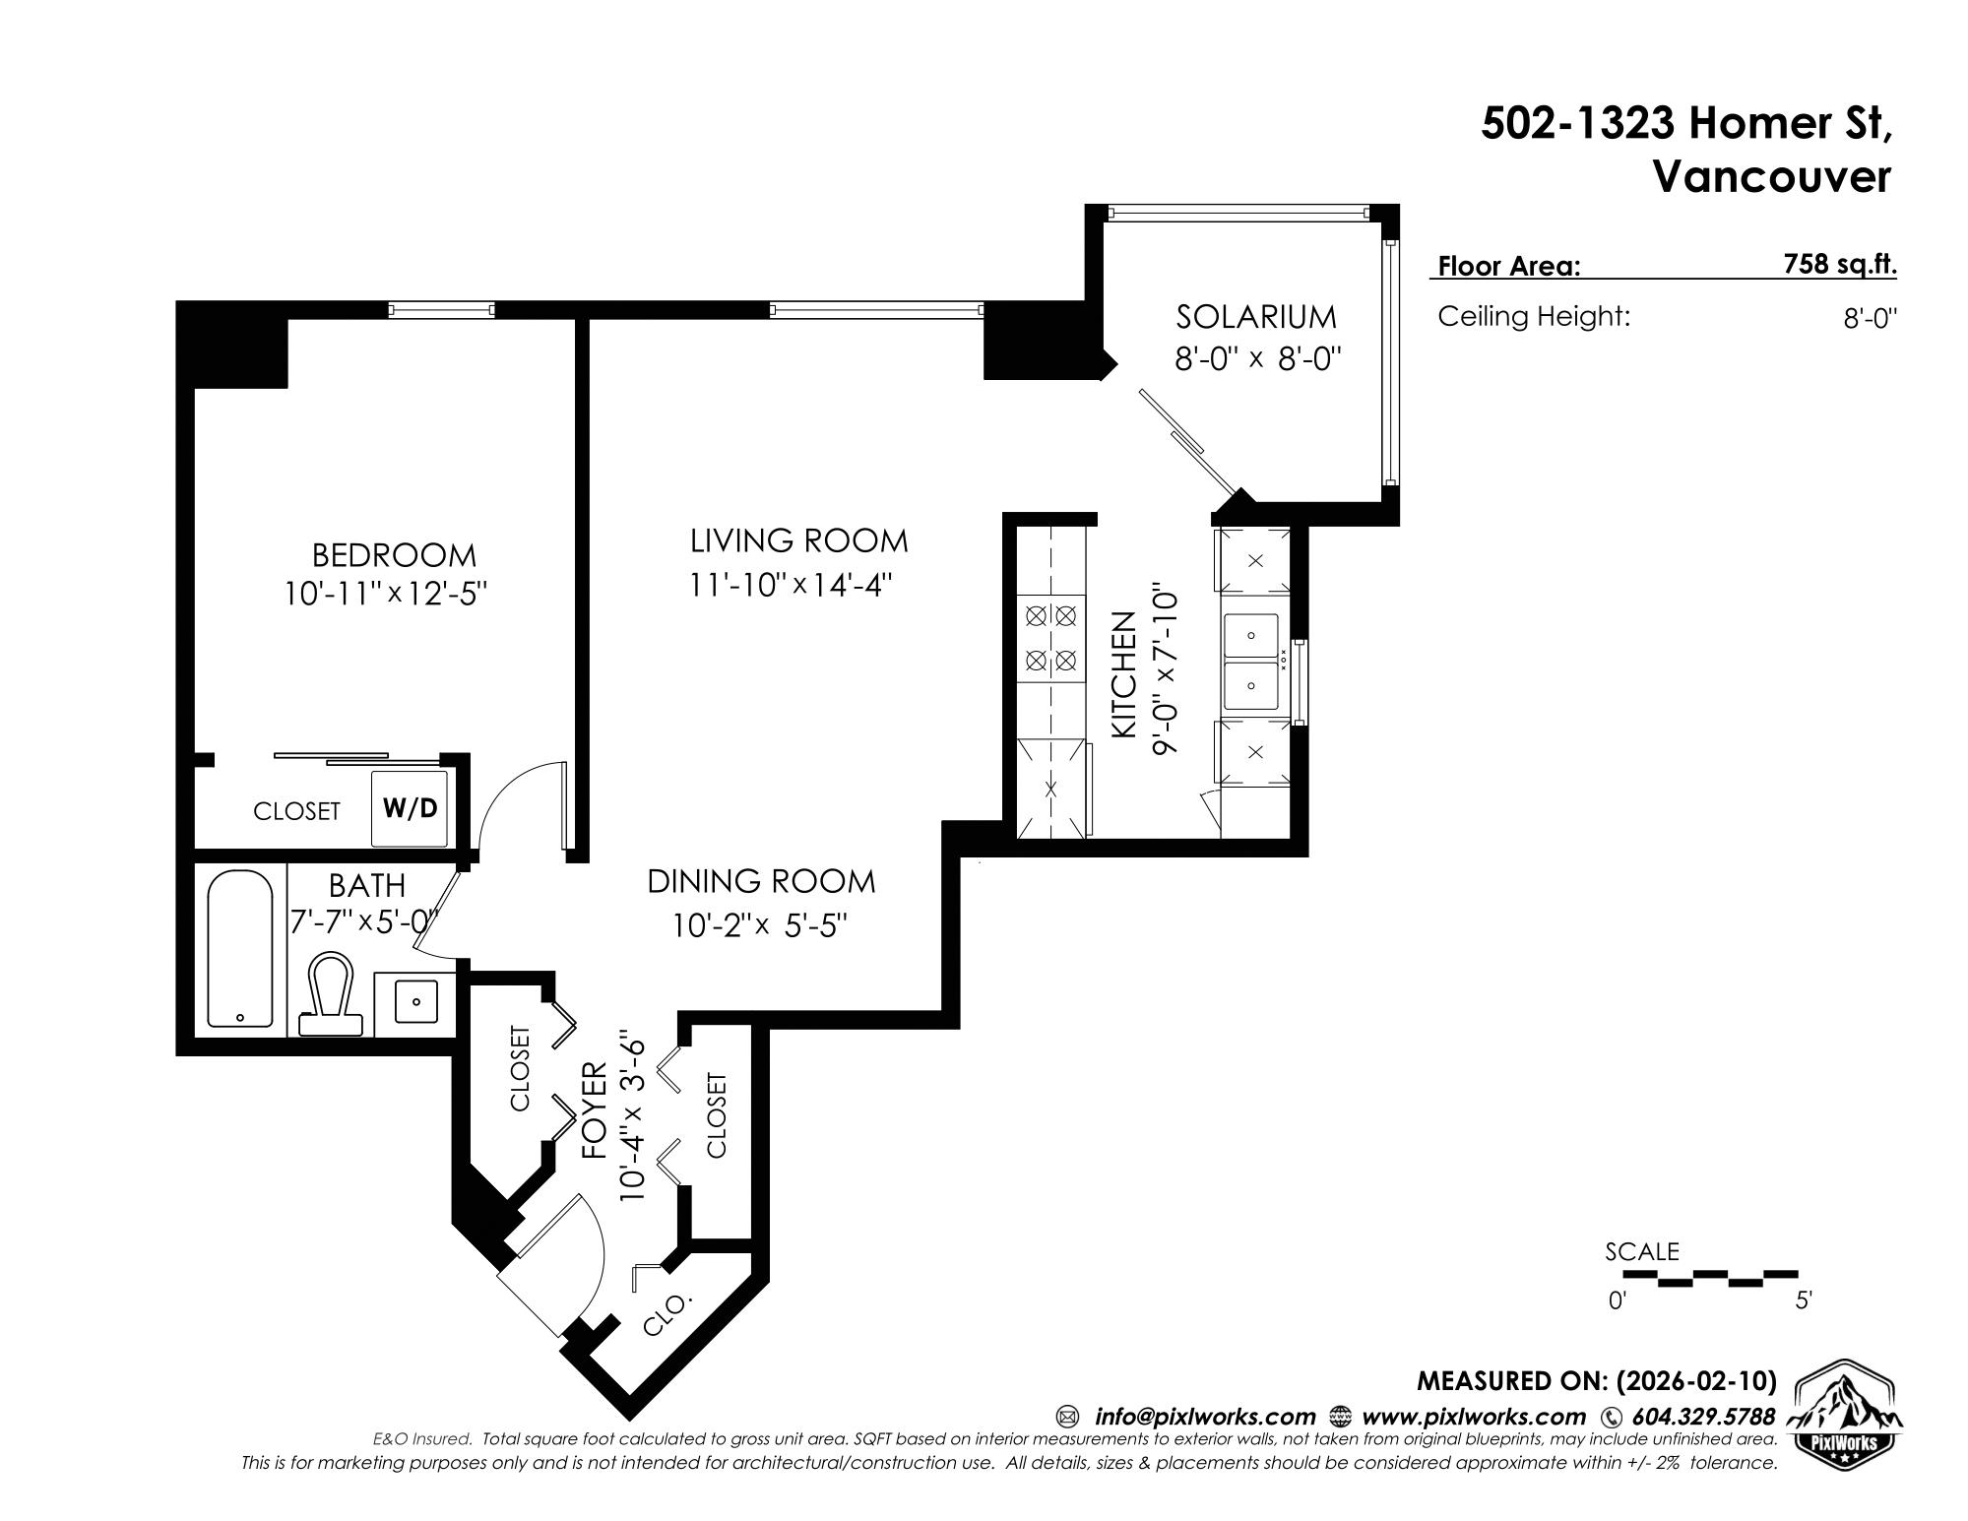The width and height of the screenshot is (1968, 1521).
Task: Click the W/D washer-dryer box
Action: click(411, 809)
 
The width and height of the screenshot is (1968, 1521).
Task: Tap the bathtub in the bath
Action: click(240, 948)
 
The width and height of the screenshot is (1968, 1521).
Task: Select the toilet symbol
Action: click(330, 993)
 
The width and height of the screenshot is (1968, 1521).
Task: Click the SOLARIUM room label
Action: click(1256, 317)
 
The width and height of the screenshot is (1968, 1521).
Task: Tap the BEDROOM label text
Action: click(394, 555)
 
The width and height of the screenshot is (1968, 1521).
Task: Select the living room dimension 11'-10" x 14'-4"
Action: click(790, 585)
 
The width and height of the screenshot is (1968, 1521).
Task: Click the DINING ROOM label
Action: click(761, 881)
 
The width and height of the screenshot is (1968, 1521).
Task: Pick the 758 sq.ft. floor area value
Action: click(1840, 264)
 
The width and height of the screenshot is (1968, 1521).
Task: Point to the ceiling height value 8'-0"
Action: click(1870, 319)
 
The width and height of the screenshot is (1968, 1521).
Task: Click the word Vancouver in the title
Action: click(1771, 177)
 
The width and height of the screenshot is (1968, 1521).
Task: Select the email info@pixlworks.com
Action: click(1204, 1417)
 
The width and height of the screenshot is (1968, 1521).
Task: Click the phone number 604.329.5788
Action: click(1703, 1417)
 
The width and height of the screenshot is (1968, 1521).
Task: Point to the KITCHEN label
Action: click(1124, 674)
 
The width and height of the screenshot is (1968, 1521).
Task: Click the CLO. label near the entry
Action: click(667, 1314)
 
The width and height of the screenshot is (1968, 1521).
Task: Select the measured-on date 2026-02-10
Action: click(1696, 1381)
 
